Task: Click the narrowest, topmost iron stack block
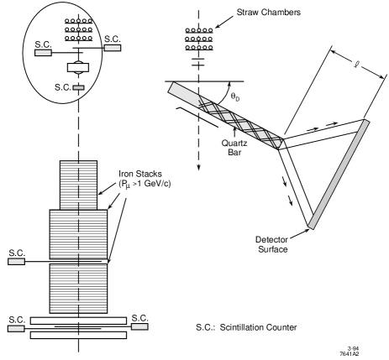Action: click(x=79, y=181)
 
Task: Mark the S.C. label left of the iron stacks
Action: click(x=16, y=252)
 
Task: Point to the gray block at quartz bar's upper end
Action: click(x=181, y=87)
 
